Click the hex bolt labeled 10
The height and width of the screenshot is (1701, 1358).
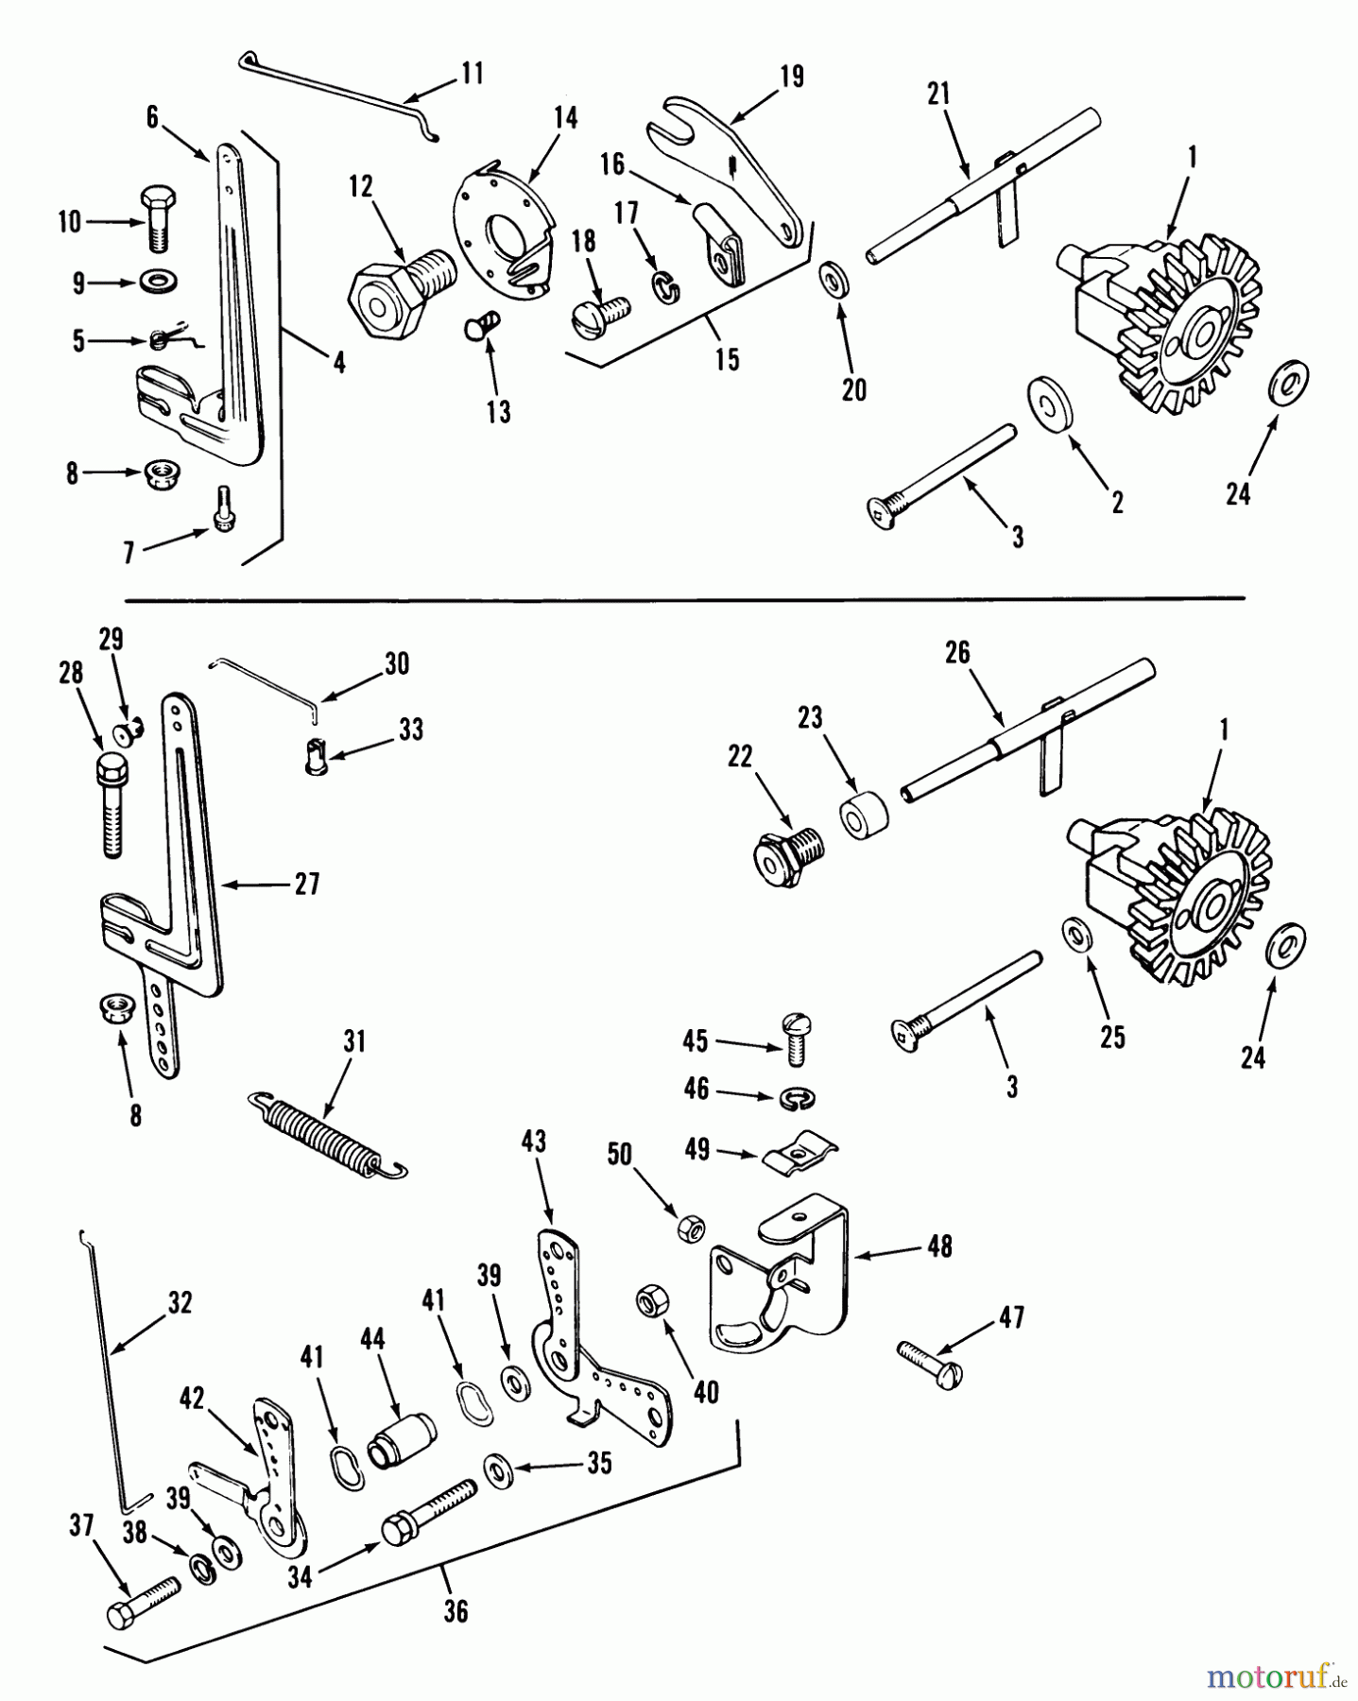click(x=157, y=219)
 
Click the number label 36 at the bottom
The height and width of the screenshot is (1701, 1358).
click(x=456, y=1611)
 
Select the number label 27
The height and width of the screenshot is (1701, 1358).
click(x=306, y=885)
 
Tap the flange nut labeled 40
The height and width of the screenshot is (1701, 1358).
click(x=651, y=1302)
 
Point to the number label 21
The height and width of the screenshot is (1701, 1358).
click(x=938, y=94)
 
